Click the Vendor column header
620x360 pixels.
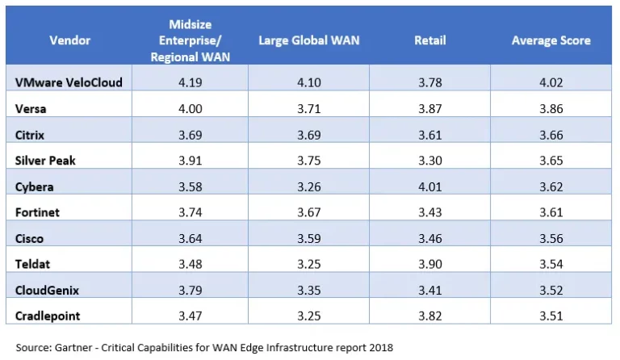pyautogui.click(x=69, y=40)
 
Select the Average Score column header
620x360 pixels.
pyautogui.click(x=551, y=40)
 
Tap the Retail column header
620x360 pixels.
pyautogui.click(x=429, y=40)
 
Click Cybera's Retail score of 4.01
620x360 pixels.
pyautogui.click(x=429, y=186)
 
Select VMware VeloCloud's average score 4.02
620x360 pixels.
pyautogui.click(x=551, y=82)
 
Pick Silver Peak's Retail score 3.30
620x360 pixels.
pyautogui.click(x=429, y=161)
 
